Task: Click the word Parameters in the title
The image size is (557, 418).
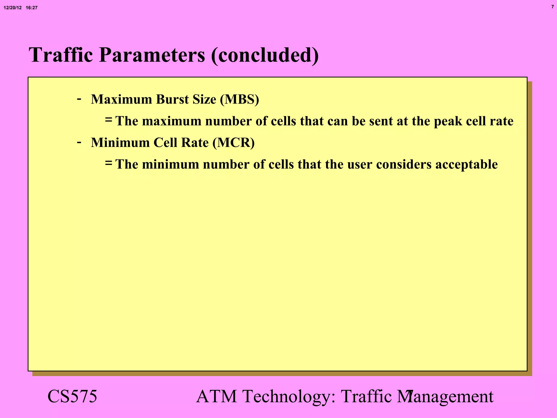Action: point(152,55)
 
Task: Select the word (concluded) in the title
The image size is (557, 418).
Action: point(265,55)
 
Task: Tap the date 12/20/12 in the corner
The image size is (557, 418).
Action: point(13,8)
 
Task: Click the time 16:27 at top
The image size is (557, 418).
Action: point(32,8)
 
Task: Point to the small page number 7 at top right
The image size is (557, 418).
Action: point(552,7)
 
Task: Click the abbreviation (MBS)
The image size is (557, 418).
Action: point(239,99)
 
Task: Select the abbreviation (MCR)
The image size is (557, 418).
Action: point(233,143)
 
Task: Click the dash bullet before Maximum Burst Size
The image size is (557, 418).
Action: point(79,99)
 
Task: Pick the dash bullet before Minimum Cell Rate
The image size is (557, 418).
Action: point(79,142)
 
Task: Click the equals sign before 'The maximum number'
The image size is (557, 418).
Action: point(109,120)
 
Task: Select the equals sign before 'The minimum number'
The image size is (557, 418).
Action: point(109,163)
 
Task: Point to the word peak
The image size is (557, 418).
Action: point(448,121)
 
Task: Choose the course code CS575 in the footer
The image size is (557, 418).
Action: point(72,397)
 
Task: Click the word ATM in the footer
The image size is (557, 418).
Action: point(216,397)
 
